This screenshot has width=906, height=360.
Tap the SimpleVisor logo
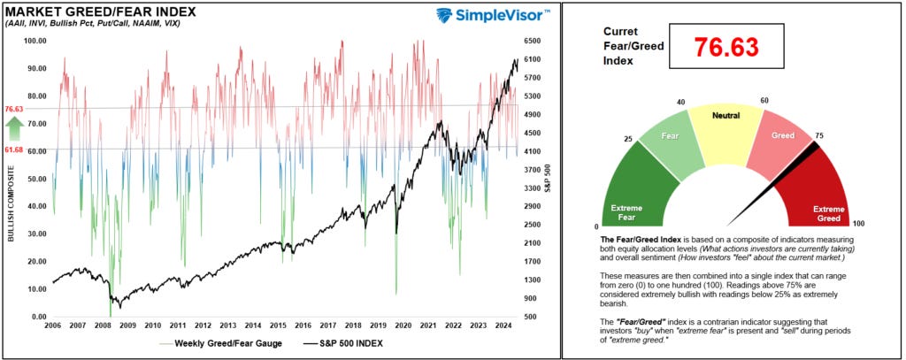tap(494, 15)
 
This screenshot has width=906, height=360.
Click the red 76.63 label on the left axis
tap(13, 109)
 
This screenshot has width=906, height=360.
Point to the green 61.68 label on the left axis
tap(13, 151)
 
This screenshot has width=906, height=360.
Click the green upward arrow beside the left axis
tap(13, 130)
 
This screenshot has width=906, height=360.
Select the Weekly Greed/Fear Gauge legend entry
tap(212, 343)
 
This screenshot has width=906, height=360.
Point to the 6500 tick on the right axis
tap(533, 41)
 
